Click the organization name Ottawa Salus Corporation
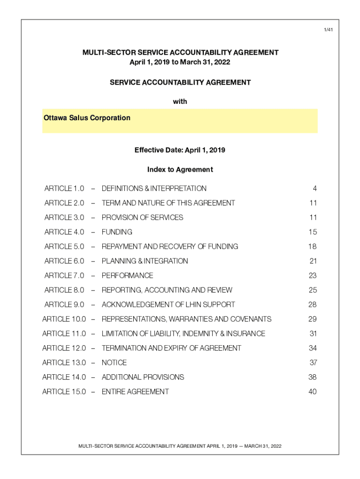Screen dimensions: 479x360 tap(87, 118)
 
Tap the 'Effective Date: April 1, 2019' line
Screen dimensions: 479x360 tap(180, 150)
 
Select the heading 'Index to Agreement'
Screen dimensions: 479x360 tap(180, 169)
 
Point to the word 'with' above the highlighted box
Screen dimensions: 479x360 tap(180, 102)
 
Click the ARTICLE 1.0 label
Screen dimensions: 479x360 tap(64, 189)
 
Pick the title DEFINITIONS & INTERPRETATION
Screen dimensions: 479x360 tap(154, 189)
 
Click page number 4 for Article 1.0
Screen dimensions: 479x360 tap(315, 189)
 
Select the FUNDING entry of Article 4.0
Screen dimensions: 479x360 tap(117, 232)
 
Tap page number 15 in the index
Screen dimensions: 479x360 tap(313, 232)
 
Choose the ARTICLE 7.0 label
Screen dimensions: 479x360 tap(64, 276)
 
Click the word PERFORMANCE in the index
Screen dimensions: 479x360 tap(127, 276)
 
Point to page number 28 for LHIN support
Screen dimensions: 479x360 tap(312, 305)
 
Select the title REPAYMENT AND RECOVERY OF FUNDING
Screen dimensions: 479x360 tap(170, 247)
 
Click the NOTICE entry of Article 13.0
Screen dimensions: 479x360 tap(114, 363)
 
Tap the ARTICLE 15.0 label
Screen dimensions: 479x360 tap(64, 392)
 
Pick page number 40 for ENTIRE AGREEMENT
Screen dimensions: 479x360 tap(312, 392)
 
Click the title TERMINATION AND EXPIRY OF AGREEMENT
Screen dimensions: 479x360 tap(171, 348)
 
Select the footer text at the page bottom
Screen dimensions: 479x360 tap(180, 446)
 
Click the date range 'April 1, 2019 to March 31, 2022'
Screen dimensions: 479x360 tap(180, 62)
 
